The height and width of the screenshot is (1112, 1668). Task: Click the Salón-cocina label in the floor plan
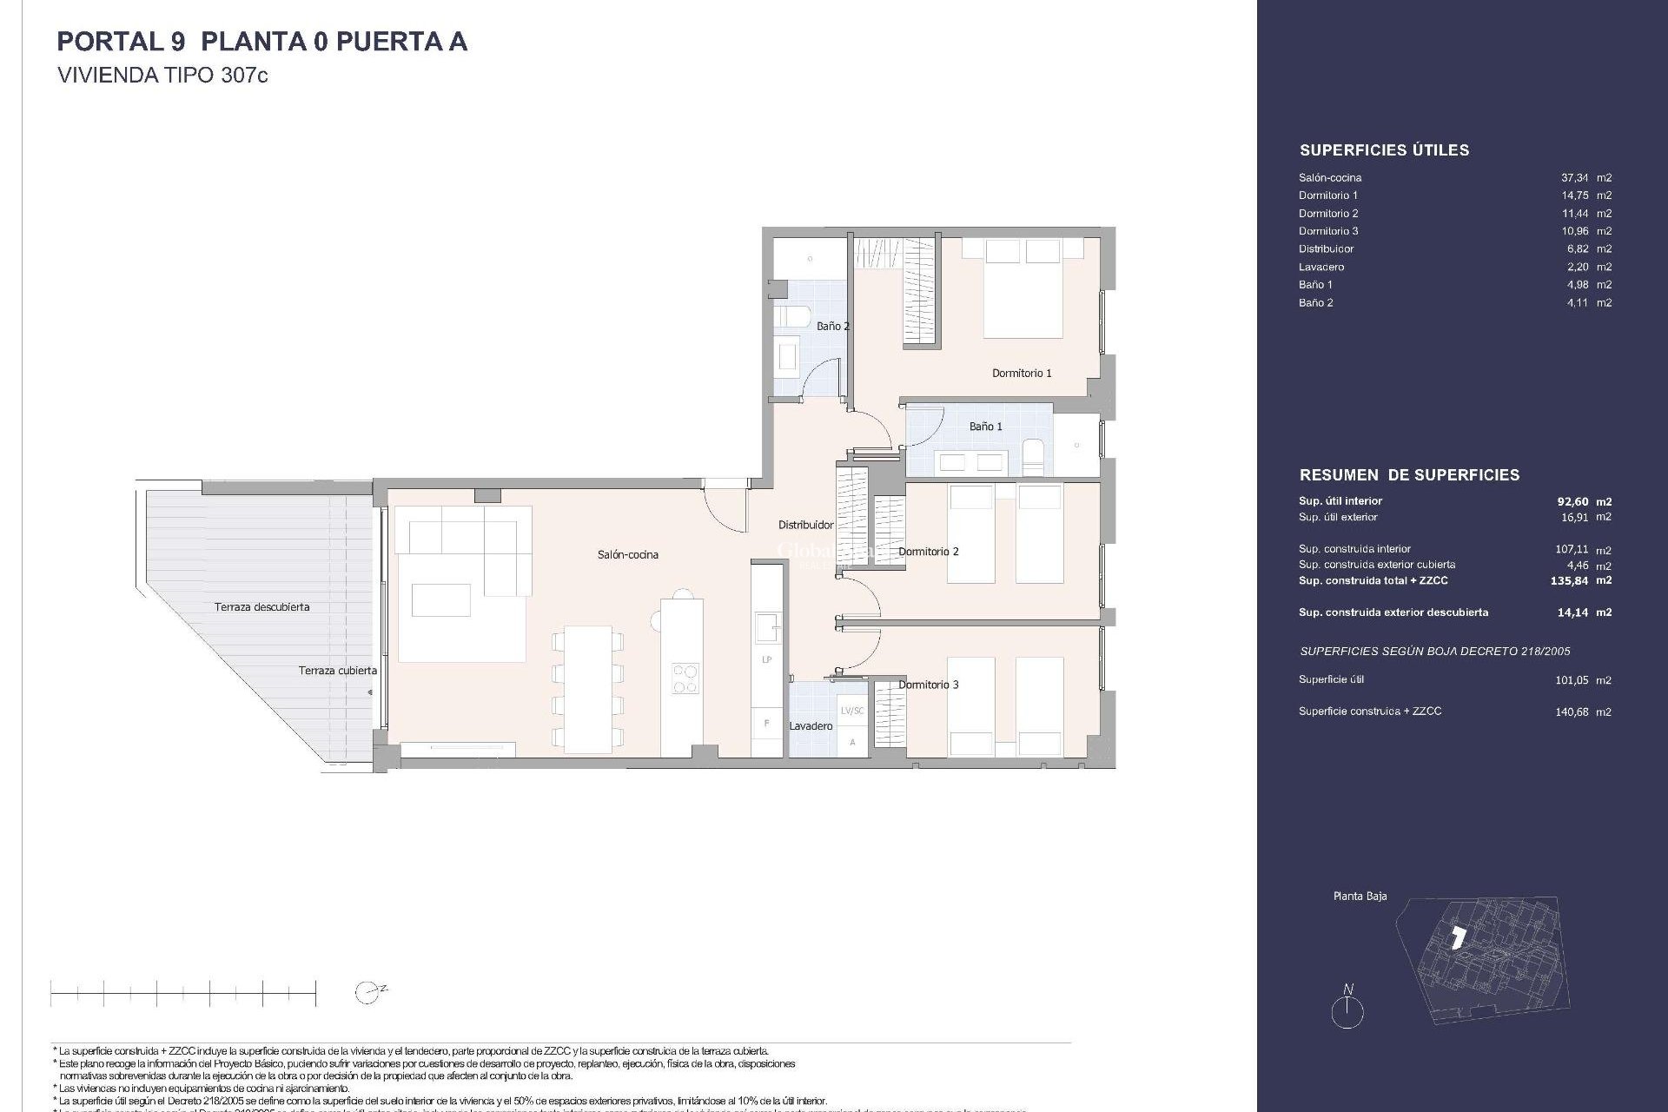627,554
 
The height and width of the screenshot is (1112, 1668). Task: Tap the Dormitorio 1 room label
1022,373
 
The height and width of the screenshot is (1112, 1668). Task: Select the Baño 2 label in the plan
832,326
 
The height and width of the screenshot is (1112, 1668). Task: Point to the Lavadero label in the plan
811,725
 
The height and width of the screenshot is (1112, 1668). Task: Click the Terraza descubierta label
261,606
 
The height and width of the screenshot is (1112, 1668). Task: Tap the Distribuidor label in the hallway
805,525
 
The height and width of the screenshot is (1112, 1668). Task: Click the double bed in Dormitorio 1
1023,291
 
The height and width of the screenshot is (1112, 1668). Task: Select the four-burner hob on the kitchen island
685,678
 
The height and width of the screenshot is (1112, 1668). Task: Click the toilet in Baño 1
1033,458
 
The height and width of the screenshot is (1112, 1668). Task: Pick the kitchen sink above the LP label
766,626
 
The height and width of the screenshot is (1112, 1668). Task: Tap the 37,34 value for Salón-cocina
1574,177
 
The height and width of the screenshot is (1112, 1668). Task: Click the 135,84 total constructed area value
1569,580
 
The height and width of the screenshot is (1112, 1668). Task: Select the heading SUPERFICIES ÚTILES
1384,150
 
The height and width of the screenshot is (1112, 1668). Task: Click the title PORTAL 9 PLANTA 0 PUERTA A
261,42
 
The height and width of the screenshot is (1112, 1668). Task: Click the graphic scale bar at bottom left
182,992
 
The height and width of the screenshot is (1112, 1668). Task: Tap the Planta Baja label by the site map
1360,896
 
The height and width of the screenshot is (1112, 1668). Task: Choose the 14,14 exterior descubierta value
1572,612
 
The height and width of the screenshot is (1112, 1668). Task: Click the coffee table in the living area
441,599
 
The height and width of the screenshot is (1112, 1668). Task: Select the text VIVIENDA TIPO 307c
162,76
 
